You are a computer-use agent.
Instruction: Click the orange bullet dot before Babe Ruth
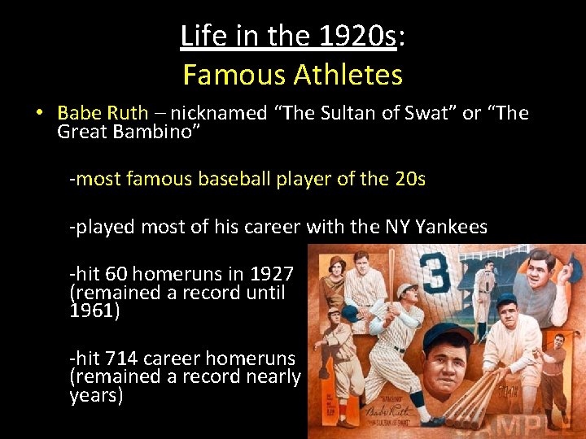pyautogui.click(x=39, y=113)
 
